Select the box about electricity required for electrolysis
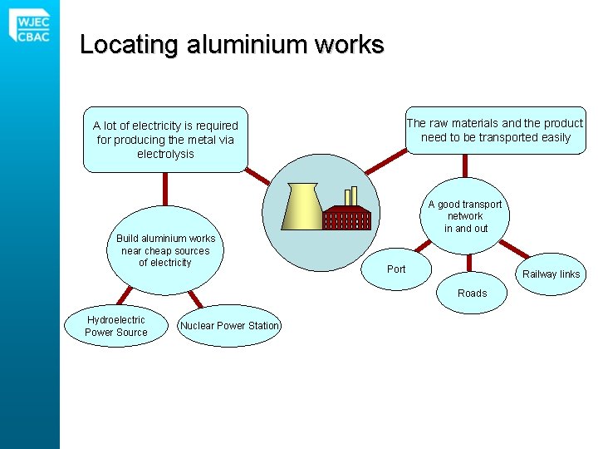click(165, 140)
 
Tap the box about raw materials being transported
click(495, 130)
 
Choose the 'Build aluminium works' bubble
click(165, 250)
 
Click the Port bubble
click(397, 269)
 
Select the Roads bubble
click(472, 293)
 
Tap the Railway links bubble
click(550, 274)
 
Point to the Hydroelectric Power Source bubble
click(116, 326)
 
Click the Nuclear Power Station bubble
click(229, 326)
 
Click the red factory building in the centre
click(347, 218)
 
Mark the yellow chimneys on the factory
click(350, 196)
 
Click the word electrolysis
click(165, 155)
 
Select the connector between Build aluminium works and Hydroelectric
click(125, 294)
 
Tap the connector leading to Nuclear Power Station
click(194, 299)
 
